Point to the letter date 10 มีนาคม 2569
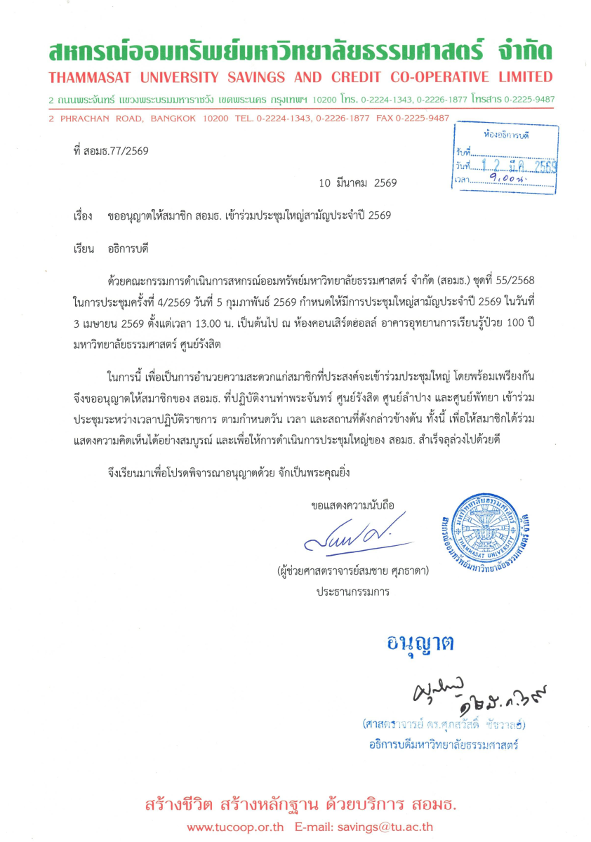358,183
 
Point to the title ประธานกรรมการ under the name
352,592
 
